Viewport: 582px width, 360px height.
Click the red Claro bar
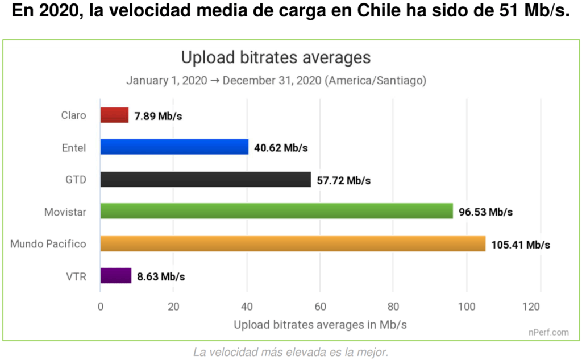pos(114,115)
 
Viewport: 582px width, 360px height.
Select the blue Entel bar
pos(174,147)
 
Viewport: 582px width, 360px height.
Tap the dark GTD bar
pos(206,180)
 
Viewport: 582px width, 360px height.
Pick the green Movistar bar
pos(276,212)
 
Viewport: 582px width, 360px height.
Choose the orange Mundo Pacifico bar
pos(293,244)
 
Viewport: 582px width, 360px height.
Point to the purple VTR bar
pos(116,276)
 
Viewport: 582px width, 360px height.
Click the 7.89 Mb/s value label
pos(159,116)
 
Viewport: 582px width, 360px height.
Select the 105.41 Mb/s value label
pos(521,245)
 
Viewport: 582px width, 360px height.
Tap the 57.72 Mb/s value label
pos(344,180)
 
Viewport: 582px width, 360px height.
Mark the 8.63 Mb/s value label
pos(161,277)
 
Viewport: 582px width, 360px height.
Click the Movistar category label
pos(65,212)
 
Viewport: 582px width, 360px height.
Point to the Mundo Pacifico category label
pos(48,245)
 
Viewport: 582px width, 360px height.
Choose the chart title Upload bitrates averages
pos(276,57)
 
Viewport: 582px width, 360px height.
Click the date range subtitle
pos(276,80)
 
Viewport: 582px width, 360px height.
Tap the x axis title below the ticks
pos(320,324)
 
